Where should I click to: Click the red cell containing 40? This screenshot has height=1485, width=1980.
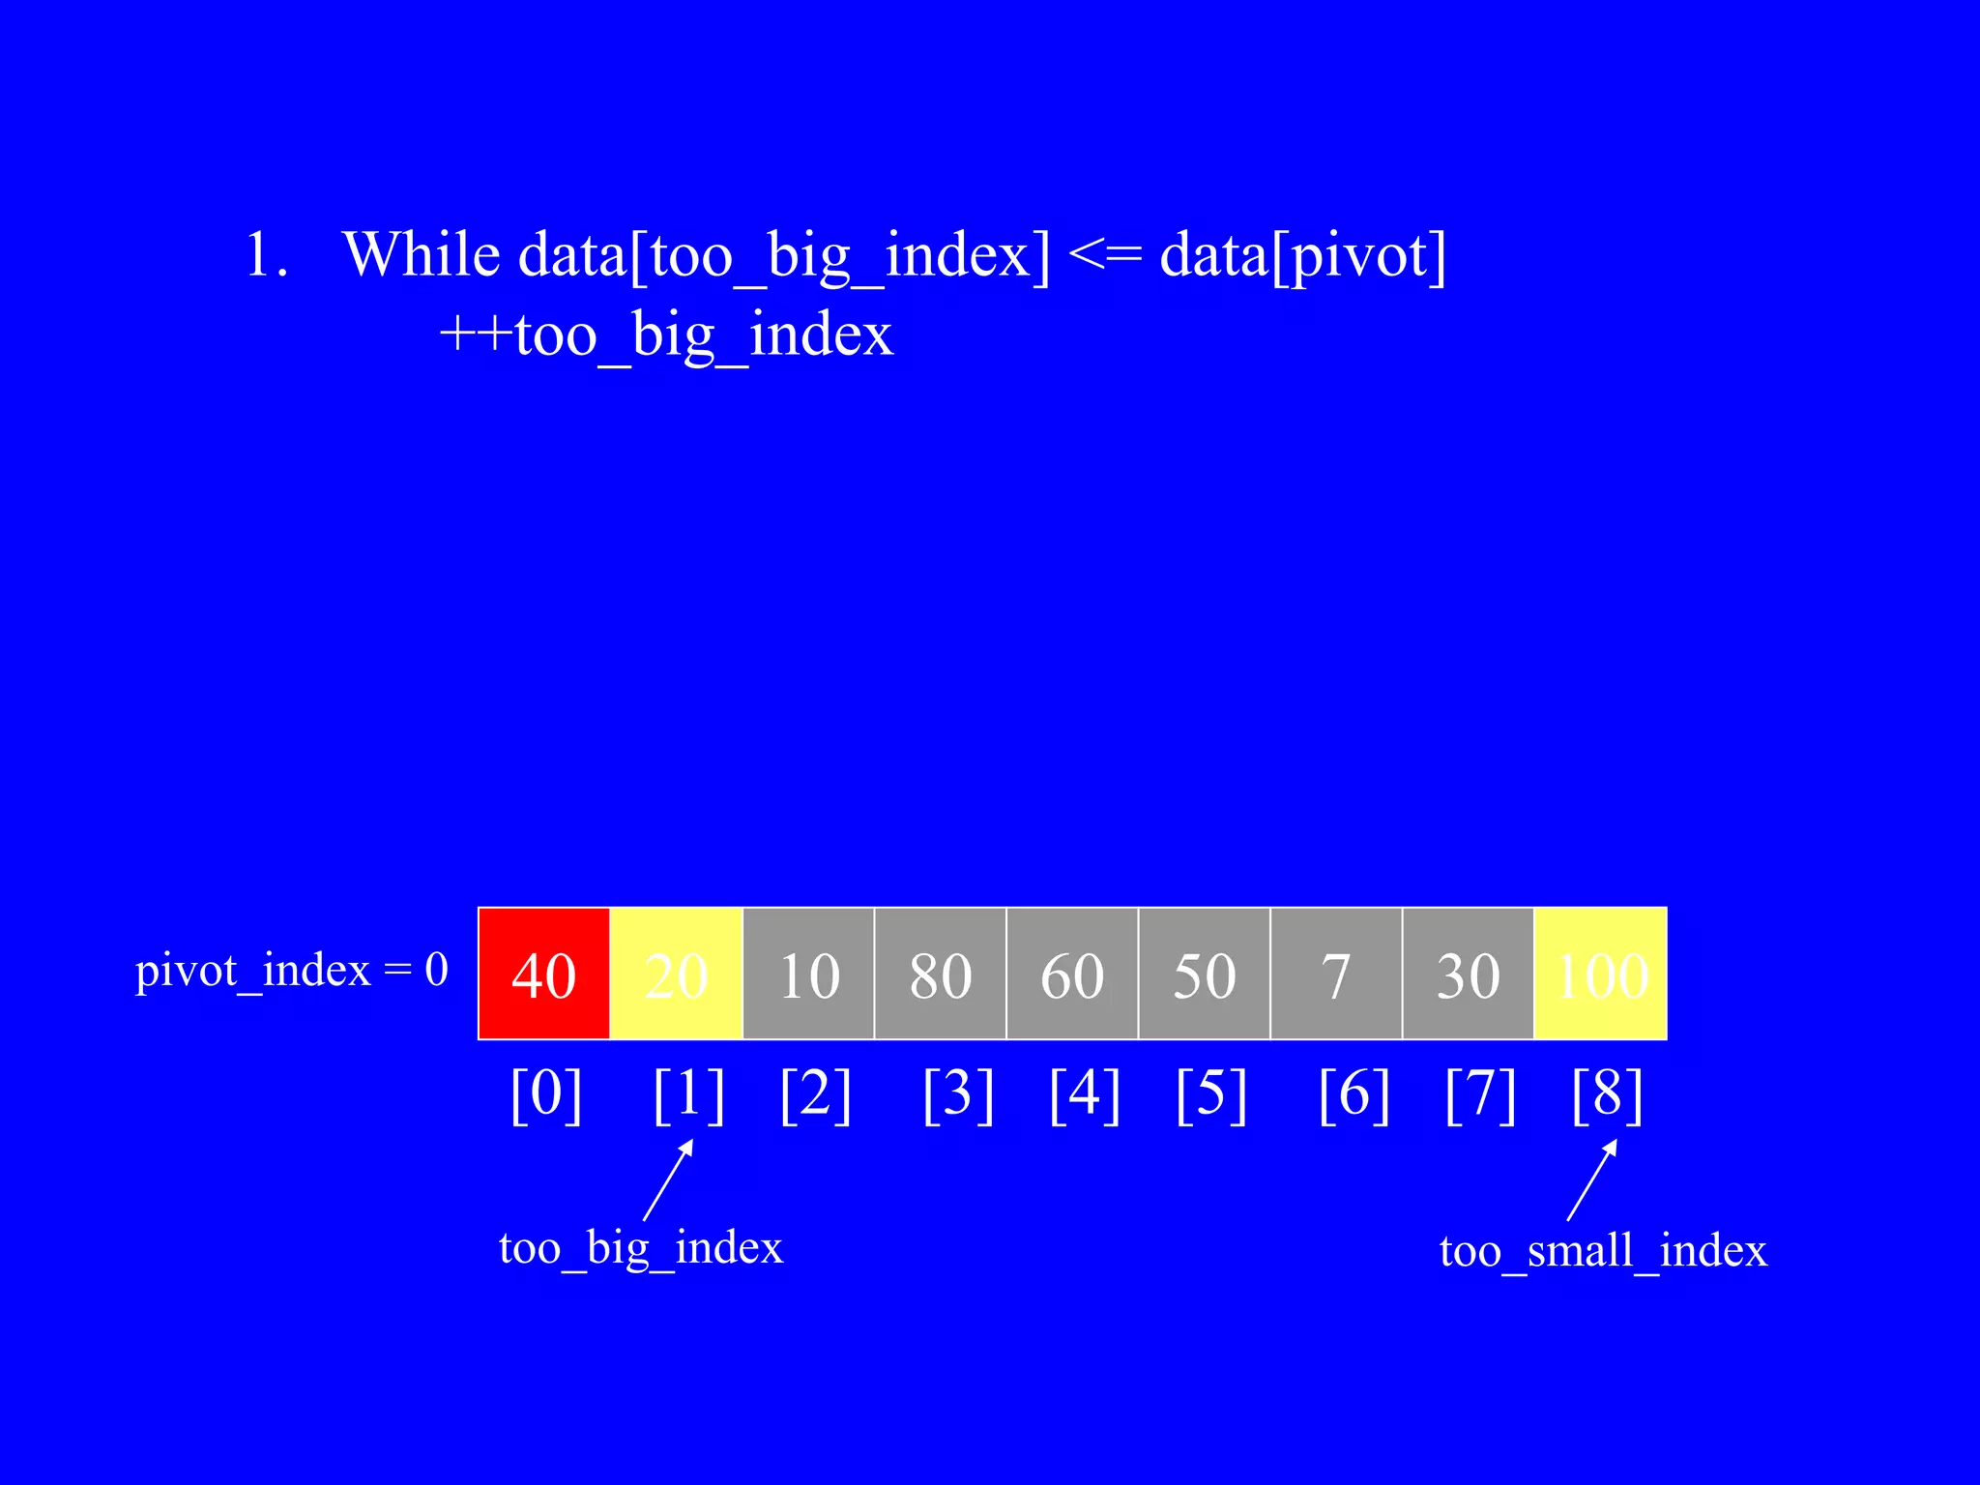[544, 974]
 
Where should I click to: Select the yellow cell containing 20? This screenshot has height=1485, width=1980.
[676, 974]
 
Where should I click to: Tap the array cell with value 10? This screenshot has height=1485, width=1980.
[808, 974]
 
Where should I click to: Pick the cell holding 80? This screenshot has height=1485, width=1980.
[940, 974]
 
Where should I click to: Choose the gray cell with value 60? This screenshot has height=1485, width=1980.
[1072, 974]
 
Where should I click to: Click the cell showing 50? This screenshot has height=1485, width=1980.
[1204, 974]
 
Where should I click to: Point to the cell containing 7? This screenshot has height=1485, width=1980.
[1336, 974]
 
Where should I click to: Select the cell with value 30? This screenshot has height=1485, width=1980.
[1468, 974]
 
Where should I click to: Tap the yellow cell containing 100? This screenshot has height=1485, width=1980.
[1601, 974]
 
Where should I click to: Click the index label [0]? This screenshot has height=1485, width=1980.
[546, 1094]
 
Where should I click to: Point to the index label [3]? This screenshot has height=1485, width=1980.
[958, 1094]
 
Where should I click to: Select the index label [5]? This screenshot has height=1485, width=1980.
[1211, 1094]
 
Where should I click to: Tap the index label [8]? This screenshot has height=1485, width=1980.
[1607, 1094]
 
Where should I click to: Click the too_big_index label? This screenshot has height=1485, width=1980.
[640, 1247]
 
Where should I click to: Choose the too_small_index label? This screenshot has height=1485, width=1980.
[1603, 1251]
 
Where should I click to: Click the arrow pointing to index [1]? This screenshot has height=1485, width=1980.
[668, 1179]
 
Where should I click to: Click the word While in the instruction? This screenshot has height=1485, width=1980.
[422, 255]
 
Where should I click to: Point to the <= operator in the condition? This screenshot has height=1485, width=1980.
[1105, 255]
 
